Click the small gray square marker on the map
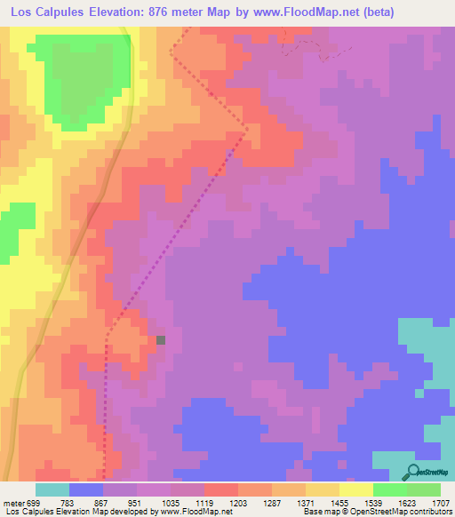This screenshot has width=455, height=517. tap(161, 339)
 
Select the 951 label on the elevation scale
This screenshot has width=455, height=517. tap(133, 503)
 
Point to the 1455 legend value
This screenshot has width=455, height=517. tap(338, 503)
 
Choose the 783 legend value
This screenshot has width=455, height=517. tap(65, 503)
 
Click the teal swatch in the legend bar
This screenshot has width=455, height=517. tap(52, 489)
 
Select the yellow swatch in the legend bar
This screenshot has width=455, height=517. tap(356, 489)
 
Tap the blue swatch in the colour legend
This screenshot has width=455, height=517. tap(86, 489)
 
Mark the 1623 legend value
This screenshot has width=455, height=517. tap(406, 503)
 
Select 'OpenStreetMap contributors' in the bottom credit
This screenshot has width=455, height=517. tap(408, 512)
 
